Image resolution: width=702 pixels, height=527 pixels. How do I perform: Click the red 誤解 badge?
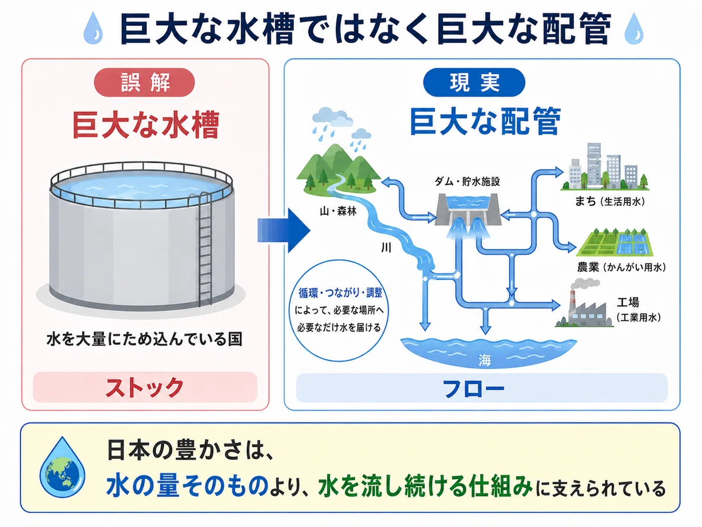[144, 82]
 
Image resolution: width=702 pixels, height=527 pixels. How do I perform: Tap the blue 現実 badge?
[474, 82]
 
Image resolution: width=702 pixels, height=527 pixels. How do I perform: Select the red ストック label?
[145, 387]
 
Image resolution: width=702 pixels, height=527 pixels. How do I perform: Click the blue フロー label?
[474, 388]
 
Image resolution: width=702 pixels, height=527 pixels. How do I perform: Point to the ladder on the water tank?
[205, 249]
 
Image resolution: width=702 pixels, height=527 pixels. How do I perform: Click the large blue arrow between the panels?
[284, 231]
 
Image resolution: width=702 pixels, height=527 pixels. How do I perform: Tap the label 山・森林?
[338, 211]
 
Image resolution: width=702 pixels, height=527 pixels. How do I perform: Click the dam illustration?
[469, 215]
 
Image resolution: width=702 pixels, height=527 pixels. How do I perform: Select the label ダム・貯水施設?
[467, 182]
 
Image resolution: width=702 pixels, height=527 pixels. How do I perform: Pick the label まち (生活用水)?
[610, 201]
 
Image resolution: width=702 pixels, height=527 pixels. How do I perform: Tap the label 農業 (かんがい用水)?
[621, 267]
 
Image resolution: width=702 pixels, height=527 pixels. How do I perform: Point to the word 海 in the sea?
[484, 360]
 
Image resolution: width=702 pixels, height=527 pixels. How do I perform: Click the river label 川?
[386, 248]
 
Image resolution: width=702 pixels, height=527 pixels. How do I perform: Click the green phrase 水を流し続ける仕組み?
[425, 487]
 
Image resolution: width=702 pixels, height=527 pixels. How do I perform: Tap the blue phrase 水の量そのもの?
[187, 487]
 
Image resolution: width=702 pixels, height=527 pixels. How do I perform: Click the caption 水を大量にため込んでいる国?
[144, 340]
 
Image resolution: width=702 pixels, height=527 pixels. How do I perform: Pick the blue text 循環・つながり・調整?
[340, 293]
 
